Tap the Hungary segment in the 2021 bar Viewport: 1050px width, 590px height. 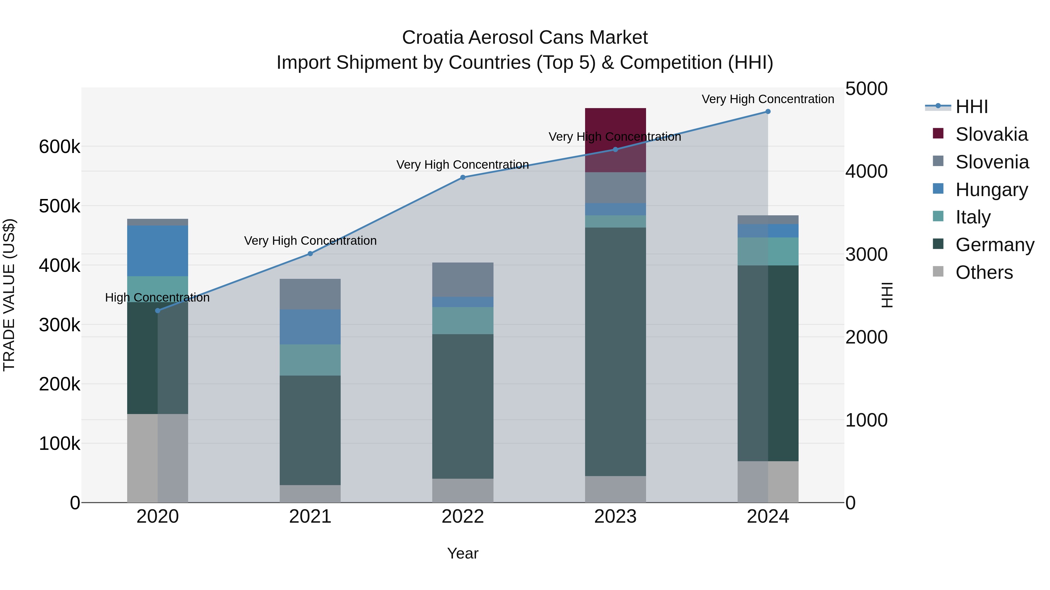310,327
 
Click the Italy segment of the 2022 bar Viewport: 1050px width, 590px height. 463,320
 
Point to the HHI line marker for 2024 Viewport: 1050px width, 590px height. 768,112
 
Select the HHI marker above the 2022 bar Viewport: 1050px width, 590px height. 463,177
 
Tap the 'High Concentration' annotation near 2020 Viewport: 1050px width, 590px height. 157,298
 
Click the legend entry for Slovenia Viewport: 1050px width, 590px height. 992,162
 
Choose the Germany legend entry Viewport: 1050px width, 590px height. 995,245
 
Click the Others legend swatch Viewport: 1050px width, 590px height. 938,271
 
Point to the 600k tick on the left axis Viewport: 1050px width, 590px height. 60,147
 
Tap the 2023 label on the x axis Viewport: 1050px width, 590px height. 615,517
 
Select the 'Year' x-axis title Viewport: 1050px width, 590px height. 463,553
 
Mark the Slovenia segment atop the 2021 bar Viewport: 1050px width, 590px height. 310,294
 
